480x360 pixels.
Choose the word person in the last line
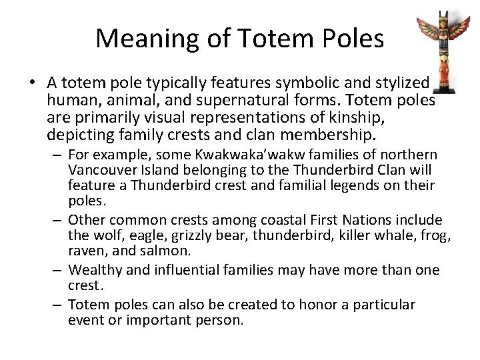point(221,321)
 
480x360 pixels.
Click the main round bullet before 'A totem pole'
point(31,83)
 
